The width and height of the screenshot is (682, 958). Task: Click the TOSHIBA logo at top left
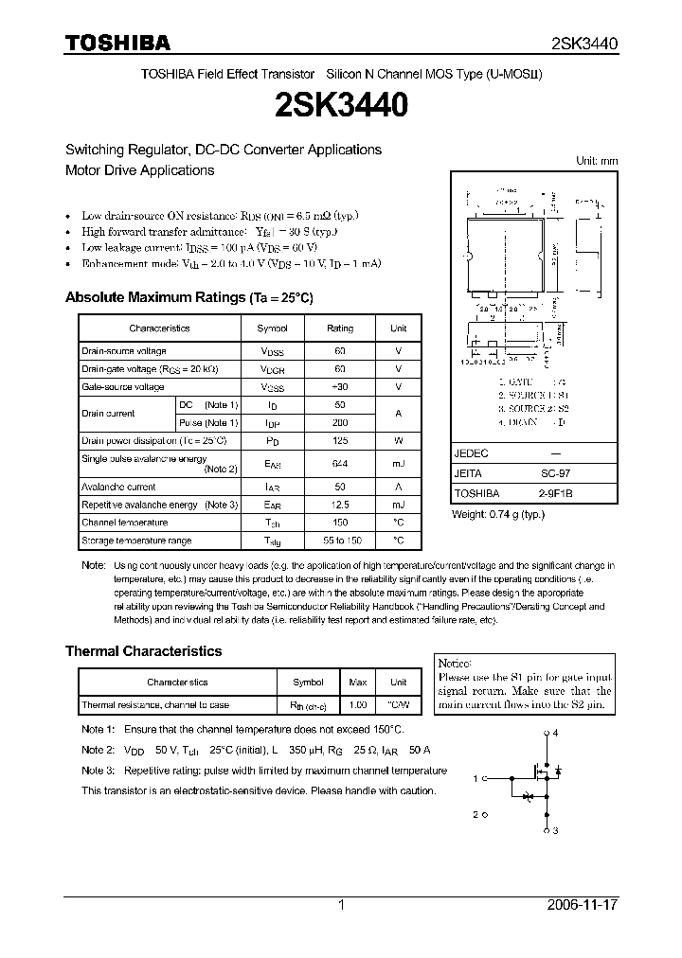point(117,43)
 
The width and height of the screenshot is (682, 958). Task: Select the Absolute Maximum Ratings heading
point(188,297)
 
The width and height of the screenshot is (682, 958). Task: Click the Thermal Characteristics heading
point(143,651)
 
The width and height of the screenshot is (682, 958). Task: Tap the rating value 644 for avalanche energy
point(340,464)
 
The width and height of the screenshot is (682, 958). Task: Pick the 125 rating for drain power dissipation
point(340,440)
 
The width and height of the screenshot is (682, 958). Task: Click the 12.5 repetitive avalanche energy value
point(340,505)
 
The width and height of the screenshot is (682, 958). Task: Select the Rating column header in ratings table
point(340,328)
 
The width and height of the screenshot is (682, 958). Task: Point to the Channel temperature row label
point(125,523)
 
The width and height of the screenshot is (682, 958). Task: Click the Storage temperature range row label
point(136,541)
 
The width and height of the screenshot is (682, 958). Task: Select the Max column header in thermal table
point(358,682)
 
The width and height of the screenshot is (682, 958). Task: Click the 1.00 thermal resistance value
point(358,705)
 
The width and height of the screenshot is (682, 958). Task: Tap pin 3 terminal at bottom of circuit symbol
point(547,830)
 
